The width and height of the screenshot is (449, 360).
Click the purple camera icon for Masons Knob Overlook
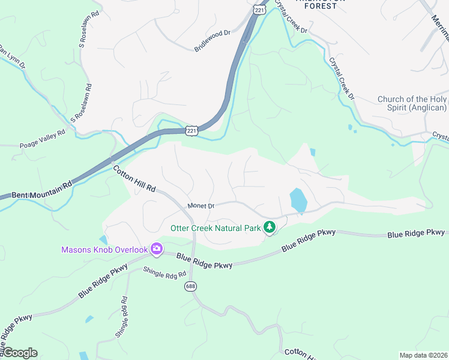coord(156,249)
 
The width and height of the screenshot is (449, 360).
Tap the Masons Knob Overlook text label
coord(104,250)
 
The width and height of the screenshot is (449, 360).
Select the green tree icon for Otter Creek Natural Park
coord(270,227)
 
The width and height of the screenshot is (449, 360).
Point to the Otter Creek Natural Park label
coord(215,228)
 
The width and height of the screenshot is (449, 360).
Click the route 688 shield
coord(190,287)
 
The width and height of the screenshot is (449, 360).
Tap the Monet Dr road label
coord(200,206)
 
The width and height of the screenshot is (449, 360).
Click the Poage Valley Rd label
coord(41,139)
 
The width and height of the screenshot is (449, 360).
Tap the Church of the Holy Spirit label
coord(412,103)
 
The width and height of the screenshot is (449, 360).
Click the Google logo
coord(19,353)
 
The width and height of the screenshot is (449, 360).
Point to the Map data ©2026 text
coord(423,355)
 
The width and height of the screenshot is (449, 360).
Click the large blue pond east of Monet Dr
coord(298,200)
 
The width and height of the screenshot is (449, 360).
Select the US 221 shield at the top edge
coord(259,10)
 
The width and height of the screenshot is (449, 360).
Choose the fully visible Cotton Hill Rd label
coord(134,178)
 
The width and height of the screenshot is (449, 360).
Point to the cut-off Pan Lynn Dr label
coord(11,56)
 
